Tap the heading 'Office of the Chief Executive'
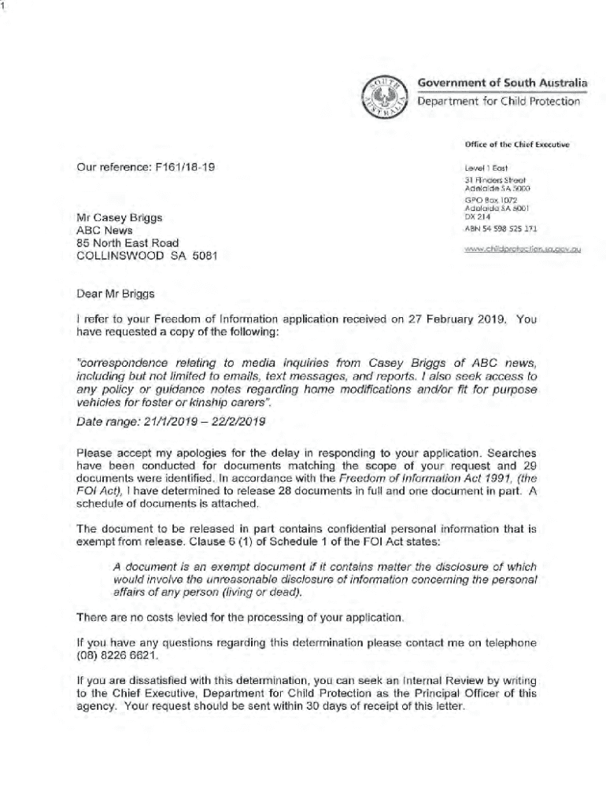[x=516, y=145]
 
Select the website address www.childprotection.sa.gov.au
[x=523, y=249]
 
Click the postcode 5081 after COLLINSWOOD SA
[x=203, y=256]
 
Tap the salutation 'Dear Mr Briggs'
[x=116, y=294]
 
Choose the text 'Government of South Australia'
[x=502, y=83]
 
